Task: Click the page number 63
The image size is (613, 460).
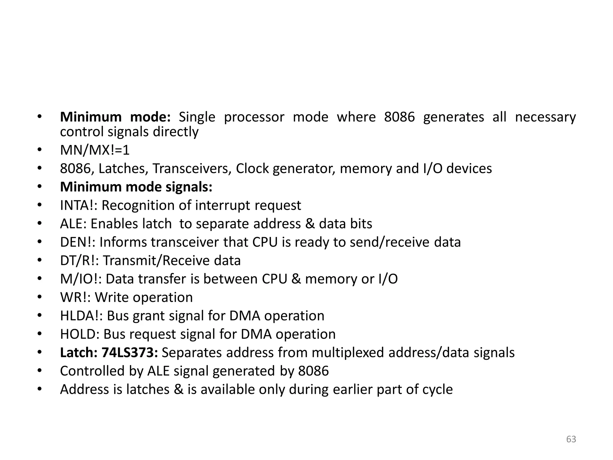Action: click(x=571, y=439)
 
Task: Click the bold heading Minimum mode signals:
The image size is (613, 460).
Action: click(x=136, y=187)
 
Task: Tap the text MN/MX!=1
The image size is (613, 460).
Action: click(x=95, y=150)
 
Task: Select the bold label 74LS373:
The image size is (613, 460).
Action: click(x=130, y=352)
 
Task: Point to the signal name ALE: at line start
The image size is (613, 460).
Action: click(x=73, y=224)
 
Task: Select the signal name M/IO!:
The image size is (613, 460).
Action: click(x=81, y=279)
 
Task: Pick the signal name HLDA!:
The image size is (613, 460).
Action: click(x=81, y=316)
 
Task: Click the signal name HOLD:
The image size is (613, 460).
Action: click(x=80, y=334)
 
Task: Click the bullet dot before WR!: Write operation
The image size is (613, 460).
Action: click(x=40, y=297)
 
